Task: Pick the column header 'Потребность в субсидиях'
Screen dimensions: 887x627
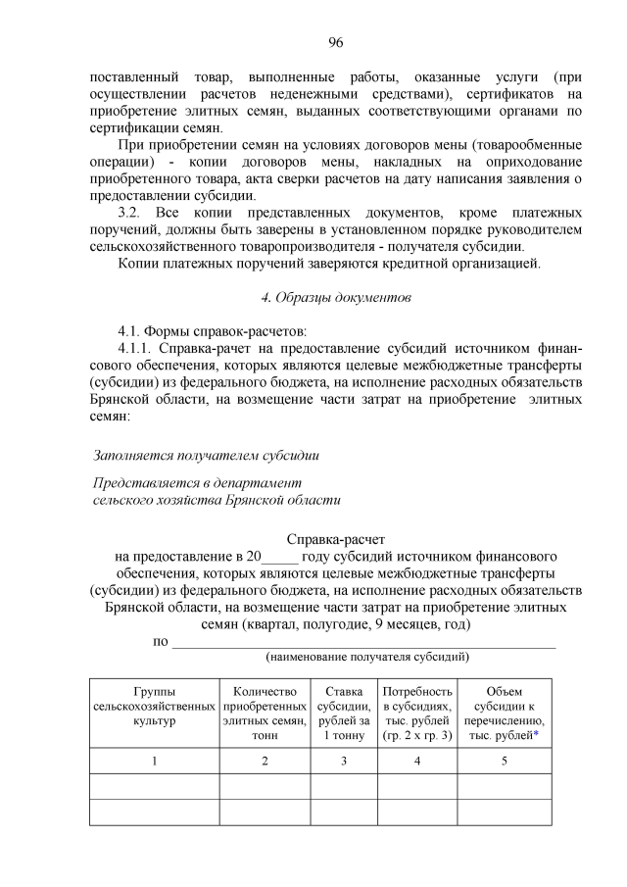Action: [417, 713]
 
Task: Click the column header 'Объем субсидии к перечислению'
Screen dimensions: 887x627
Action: [504, 713]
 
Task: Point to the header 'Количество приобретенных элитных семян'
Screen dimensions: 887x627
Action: [265, 713]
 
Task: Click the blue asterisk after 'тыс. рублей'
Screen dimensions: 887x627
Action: [536, 735]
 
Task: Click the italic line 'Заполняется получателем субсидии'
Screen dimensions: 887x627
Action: [206, 456]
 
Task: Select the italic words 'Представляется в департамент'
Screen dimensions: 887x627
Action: [197, 483]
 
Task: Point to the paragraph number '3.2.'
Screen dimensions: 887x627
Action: [131, 212]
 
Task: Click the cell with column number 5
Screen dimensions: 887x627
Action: [504, 762]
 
